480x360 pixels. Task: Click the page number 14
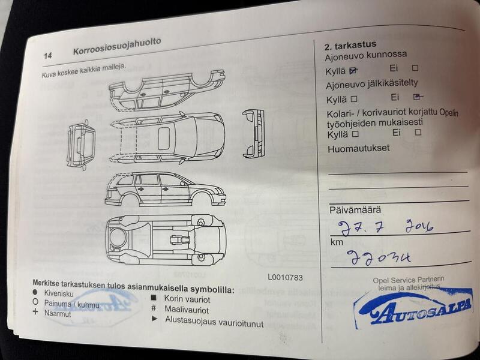point(47,55)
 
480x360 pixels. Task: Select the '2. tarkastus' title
point(350,45)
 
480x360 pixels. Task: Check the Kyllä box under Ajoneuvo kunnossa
point(353,70)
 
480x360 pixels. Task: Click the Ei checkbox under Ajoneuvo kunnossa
point(415,68)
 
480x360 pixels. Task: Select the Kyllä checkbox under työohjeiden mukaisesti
point(355,134)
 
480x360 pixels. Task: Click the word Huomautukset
point(358,148)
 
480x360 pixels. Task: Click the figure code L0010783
point(286,277)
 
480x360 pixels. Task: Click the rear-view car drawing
point(254,133)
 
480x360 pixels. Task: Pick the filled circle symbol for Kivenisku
point(35,293)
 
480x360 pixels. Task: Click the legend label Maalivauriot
point(186,310)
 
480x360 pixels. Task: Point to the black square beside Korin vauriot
point(154,298)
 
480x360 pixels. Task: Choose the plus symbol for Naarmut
point(35,313)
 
